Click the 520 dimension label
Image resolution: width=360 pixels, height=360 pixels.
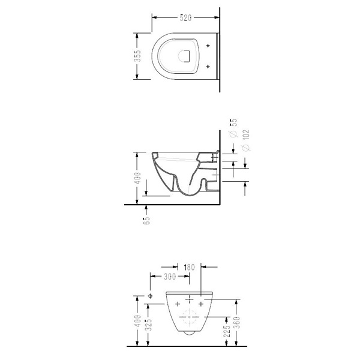click(185, 17)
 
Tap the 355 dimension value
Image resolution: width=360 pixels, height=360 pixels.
click(138, 56)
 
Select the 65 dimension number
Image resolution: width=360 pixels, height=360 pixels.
click(146, 220)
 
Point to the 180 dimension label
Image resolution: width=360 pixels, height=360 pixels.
click(189, 267)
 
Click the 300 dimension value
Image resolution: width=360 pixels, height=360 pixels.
click(170, 277)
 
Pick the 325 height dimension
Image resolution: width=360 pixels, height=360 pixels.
click(149, 325)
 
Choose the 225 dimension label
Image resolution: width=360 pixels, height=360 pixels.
click(227, 331)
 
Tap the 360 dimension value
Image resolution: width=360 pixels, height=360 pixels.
click(238, 322)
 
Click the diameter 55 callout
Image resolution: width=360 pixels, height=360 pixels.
click(233, 128)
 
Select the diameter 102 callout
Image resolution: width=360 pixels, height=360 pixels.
click(245, 140)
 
